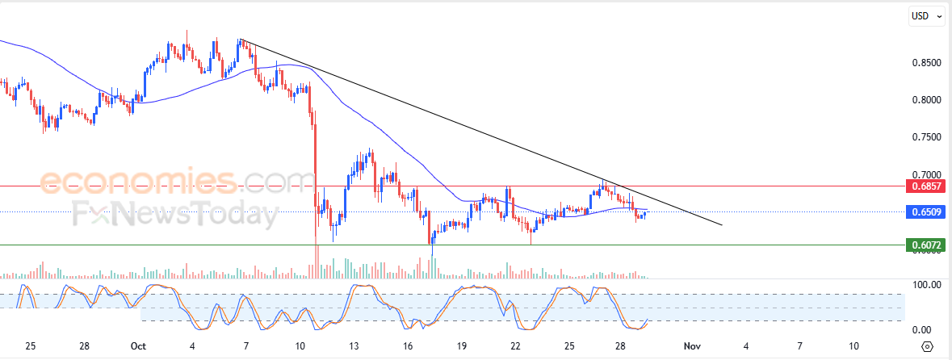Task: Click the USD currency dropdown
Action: [x=925, y=15]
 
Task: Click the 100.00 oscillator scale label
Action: [x=927, y=285]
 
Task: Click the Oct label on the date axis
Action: [x=138, y=346]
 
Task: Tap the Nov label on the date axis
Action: [x=691, y=346]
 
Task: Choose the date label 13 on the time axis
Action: [x=354, y=346]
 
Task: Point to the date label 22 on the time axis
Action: [x=516, y=346]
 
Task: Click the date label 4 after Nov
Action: [x=746, y=346]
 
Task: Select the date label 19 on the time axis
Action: [x=462, y=346]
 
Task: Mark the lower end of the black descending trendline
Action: [x=721, y=224]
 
